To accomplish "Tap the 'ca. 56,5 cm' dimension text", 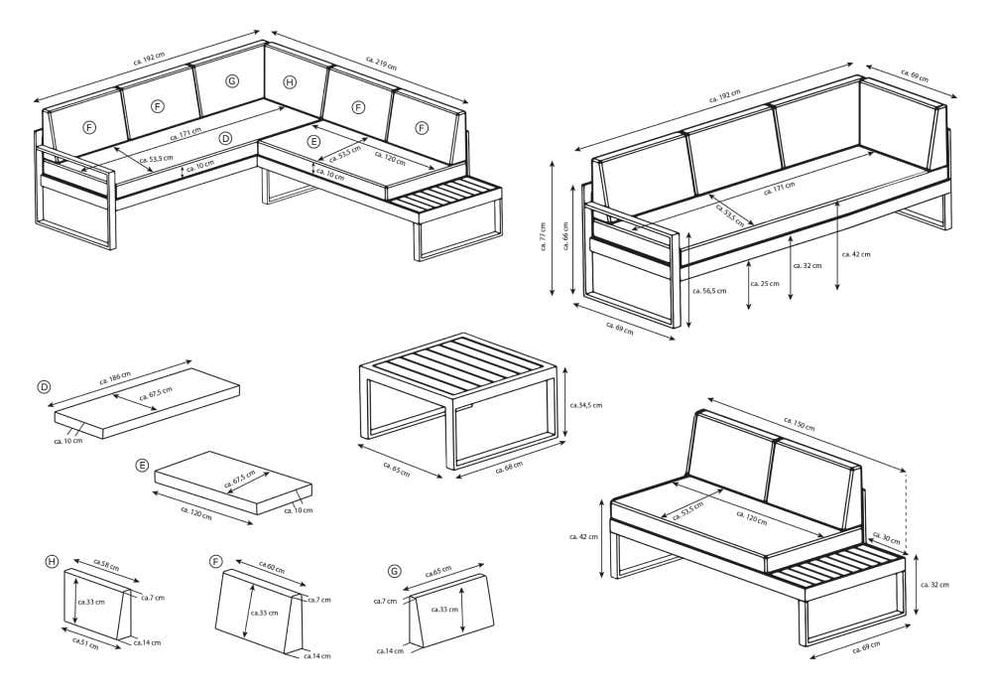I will point(709,291).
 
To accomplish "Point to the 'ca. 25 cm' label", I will point(764,284).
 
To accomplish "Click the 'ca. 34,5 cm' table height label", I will point(585,405).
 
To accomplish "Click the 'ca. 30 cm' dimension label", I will point(887,539).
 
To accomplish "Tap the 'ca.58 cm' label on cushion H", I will point(106,563).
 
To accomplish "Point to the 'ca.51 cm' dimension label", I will point(86,642).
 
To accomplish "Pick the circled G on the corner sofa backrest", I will point(232,80).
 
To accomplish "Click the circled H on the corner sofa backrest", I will point(290,82).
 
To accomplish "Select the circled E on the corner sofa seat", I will point(313,142).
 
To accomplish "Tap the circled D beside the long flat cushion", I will point(44,386).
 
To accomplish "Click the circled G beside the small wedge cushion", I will point(395,571).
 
